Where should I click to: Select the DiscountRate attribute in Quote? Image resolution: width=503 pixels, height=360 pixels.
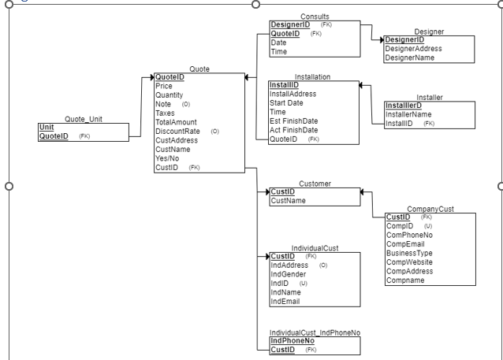177,131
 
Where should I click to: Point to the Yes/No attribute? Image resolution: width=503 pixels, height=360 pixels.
168,157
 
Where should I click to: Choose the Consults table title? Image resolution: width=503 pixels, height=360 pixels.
315,17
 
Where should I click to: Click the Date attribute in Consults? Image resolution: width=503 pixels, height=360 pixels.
279,43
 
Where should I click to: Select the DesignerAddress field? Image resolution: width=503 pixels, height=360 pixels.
412,48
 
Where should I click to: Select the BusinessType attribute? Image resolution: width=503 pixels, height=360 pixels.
410,253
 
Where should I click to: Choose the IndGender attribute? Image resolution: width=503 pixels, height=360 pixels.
289,274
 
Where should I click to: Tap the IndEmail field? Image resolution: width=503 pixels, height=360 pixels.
286,301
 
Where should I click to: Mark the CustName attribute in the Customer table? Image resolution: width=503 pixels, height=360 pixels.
288,201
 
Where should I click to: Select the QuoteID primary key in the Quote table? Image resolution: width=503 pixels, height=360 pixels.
170,77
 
